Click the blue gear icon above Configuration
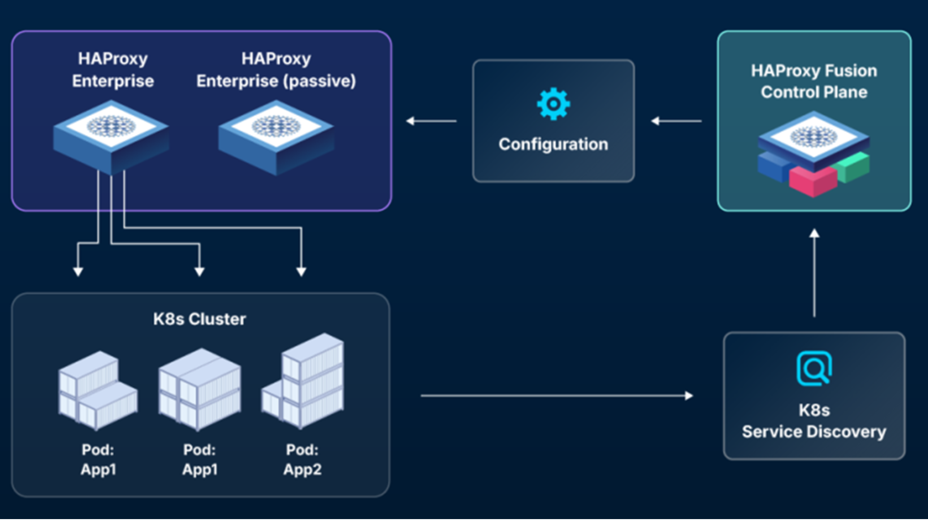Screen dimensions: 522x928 (x=553, y=104)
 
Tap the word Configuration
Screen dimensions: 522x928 (x=553, y=145)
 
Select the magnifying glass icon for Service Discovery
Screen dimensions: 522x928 (x=814, y=368)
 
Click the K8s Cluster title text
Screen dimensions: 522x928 (x=199, y=319)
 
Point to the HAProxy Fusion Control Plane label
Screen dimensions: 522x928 (x=814, y=82)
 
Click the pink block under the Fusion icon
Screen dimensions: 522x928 (x=812, y=181)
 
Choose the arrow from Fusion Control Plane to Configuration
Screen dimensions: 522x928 (x=676, y=121)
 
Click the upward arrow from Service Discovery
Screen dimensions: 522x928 (x=814, y=273)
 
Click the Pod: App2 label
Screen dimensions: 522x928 (x=302, y=460)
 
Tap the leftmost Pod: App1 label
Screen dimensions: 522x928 (x=98, y=460)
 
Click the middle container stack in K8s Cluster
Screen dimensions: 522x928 (x=200, y=389)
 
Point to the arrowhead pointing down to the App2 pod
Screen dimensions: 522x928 (x=301, y=272)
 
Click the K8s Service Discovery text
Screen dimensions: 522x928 (x=814, y=421)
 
